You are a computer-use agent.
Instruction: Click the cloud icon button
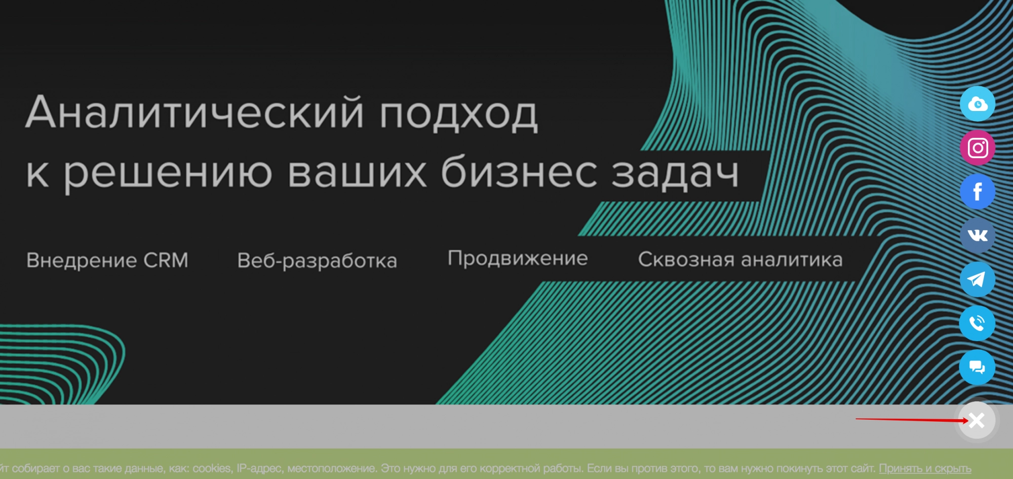pyautogui.click(x=978, y=104)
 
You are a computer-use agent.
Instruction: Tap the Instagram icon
pyautogui.click(x=978, y=148)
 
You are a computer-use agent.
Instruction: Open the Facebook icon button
pyautogui.click(x=978, y=192)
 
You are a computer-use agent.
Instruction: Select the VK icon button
pyautogui.click(x=978, y=236)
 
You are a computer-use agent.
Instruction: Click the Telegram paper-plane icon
pyautogui.click(x=978, y=279)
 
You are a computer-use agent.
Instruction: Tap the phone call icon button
pyautogui.click(x=978, y=323)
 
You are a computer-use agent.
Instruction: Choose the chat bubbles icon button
pyautogui.click(x=978, y=367)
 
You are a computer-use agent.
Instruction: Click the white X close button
pyautogui.click(x=977, y=420)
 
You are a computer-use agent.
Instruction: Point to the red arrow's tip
pyautogui.click(x=969, y=421)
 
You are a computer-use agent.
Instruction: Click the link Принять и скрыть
pyautogui.click(x=925, y=468)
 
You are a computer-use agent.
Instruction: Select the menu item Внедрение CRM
pyautogui.click(x=107, y=260)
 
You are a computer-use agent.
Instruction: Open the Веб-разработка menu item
pyautogui.click(x=317, y=261)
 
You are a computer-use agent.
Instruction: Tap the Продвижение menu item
pyautogui.click(x=518, y=259)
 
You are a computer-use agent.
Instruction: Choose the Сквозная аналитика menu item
pyautogui.click(x=740, y=260)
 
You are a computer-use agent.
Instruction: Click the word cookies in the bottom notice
pyautogui.click(x=212, y=468)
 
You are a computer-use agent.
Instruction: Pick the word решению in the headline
pyautogui.click(x=168, y=174)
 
